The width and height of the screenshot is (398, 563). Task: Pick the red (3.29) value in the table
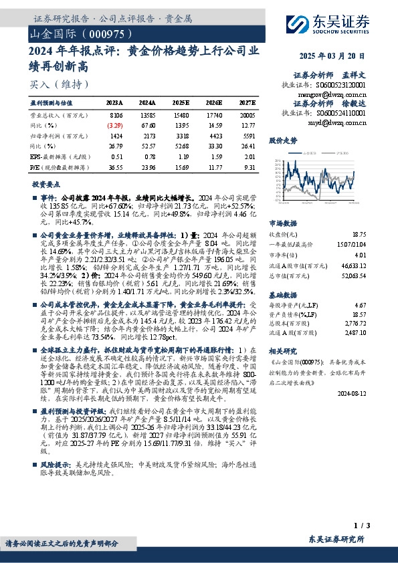coord(115,125)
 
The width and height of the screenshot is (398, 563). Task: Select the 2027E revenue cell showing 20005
coord(247,114)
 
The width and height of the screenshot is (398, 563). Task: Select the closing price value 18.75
coord(359,235)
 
